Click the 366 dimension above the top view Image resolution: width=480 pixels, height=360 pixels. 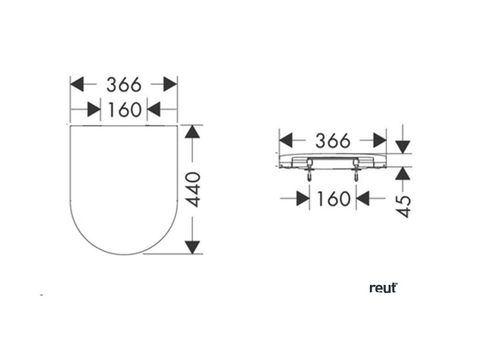[124, 85]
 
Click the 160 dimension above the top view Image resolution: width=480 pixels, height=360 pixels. [124, 110]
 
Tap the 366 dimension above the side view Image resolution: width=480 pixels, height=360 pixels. [332, 140]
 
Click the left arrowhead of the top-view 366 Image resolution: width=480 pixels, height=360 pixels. [77, 85]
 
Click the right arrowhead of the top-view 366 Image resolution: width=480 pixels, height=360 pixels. [171, 85]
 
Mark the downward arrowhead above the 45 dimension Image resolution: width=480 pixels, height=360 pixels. [402, 146]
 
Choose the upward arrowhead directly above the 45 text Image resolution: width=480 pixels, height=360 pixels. [402, 174]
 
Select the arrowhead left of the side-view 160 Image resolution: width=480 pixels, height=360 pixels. [303, 198]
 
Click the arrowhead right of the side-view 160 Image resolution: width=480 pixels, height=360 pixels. [363, 198]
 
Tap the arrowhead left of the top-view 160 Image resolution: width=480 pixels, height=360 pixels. [94, 110]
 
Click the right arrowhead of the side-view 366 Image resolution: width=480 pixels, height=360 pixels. [380, 140]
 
